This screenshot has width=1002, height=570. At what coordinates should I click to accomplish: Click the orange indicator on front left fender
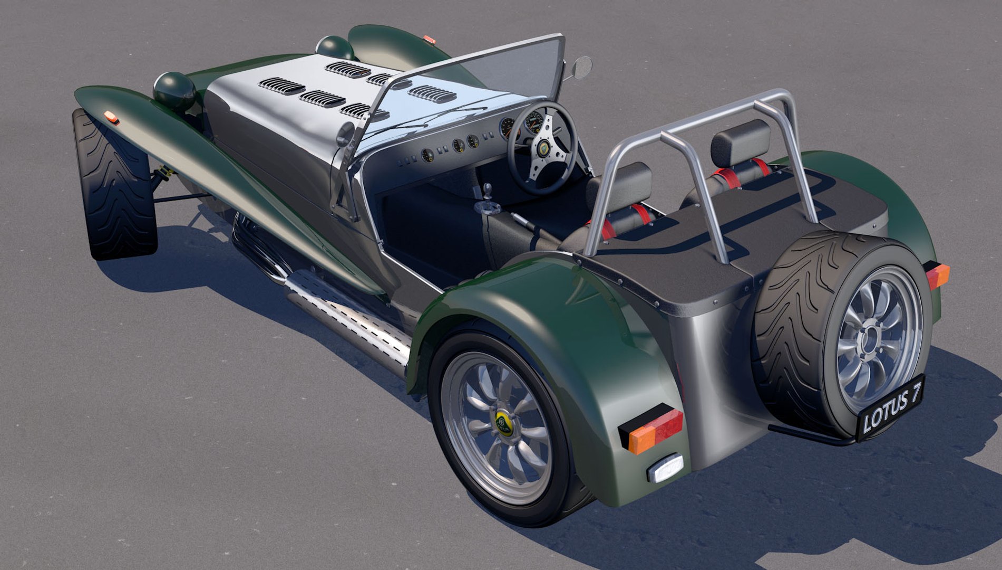click(x=111, y=117)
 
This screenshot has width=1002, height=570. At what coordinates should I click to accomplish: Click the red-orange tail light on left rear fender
click(x=651, y=430)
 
